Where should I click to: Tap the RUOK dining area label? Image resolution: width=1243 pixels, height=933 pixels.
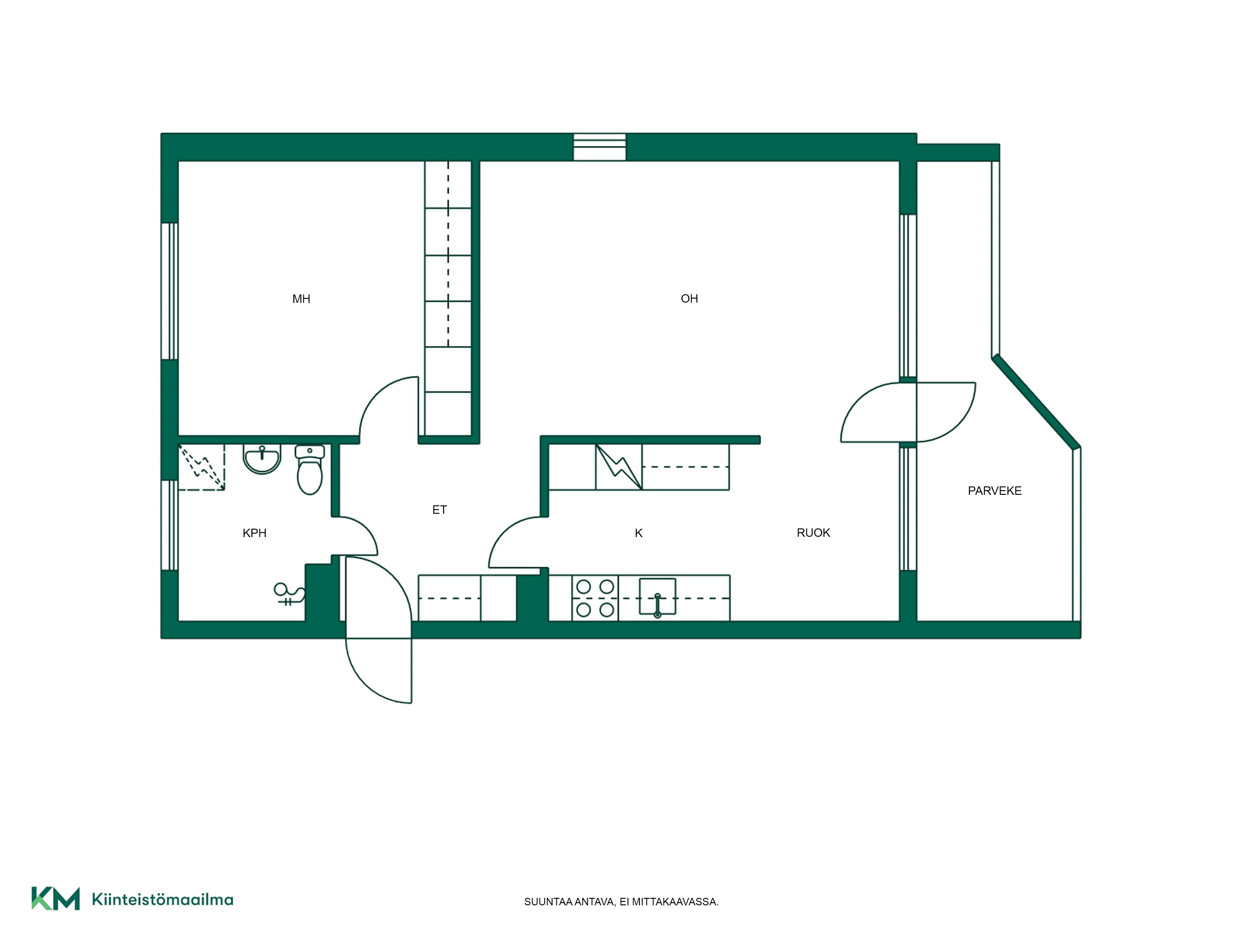pos(813,532)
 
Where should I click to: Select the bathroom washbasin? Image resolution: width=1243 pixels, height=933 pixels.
pos(262,459)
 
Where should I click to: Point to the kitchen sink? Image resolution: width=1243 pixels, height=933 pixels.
pos(658,597)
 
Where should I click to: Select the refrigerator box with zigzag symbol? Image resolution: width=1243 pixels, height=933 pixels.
pos(619,467)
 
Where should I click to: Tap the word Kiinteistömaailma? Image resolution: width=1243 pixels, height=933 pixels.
pos(163,900)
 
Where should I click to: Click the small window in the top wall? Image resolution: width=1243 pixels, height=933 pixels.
pos(599,147)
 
